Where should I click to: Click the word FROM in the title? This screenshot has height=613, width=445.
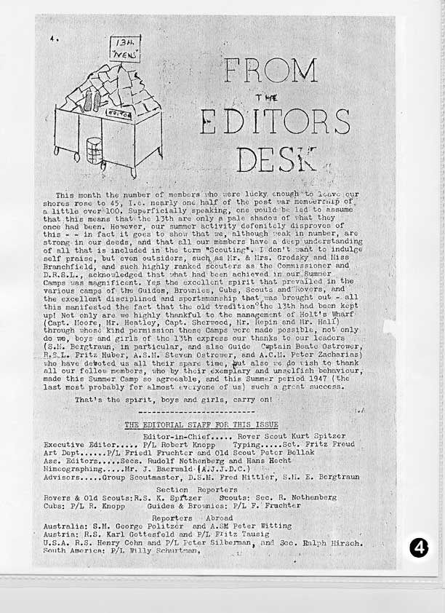pos(271,71)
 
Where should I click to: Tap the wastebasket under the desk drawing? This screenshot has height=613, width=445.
pos(94,150)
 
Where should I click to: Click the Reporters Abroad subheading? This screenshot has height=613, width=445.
pos(193,515)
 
